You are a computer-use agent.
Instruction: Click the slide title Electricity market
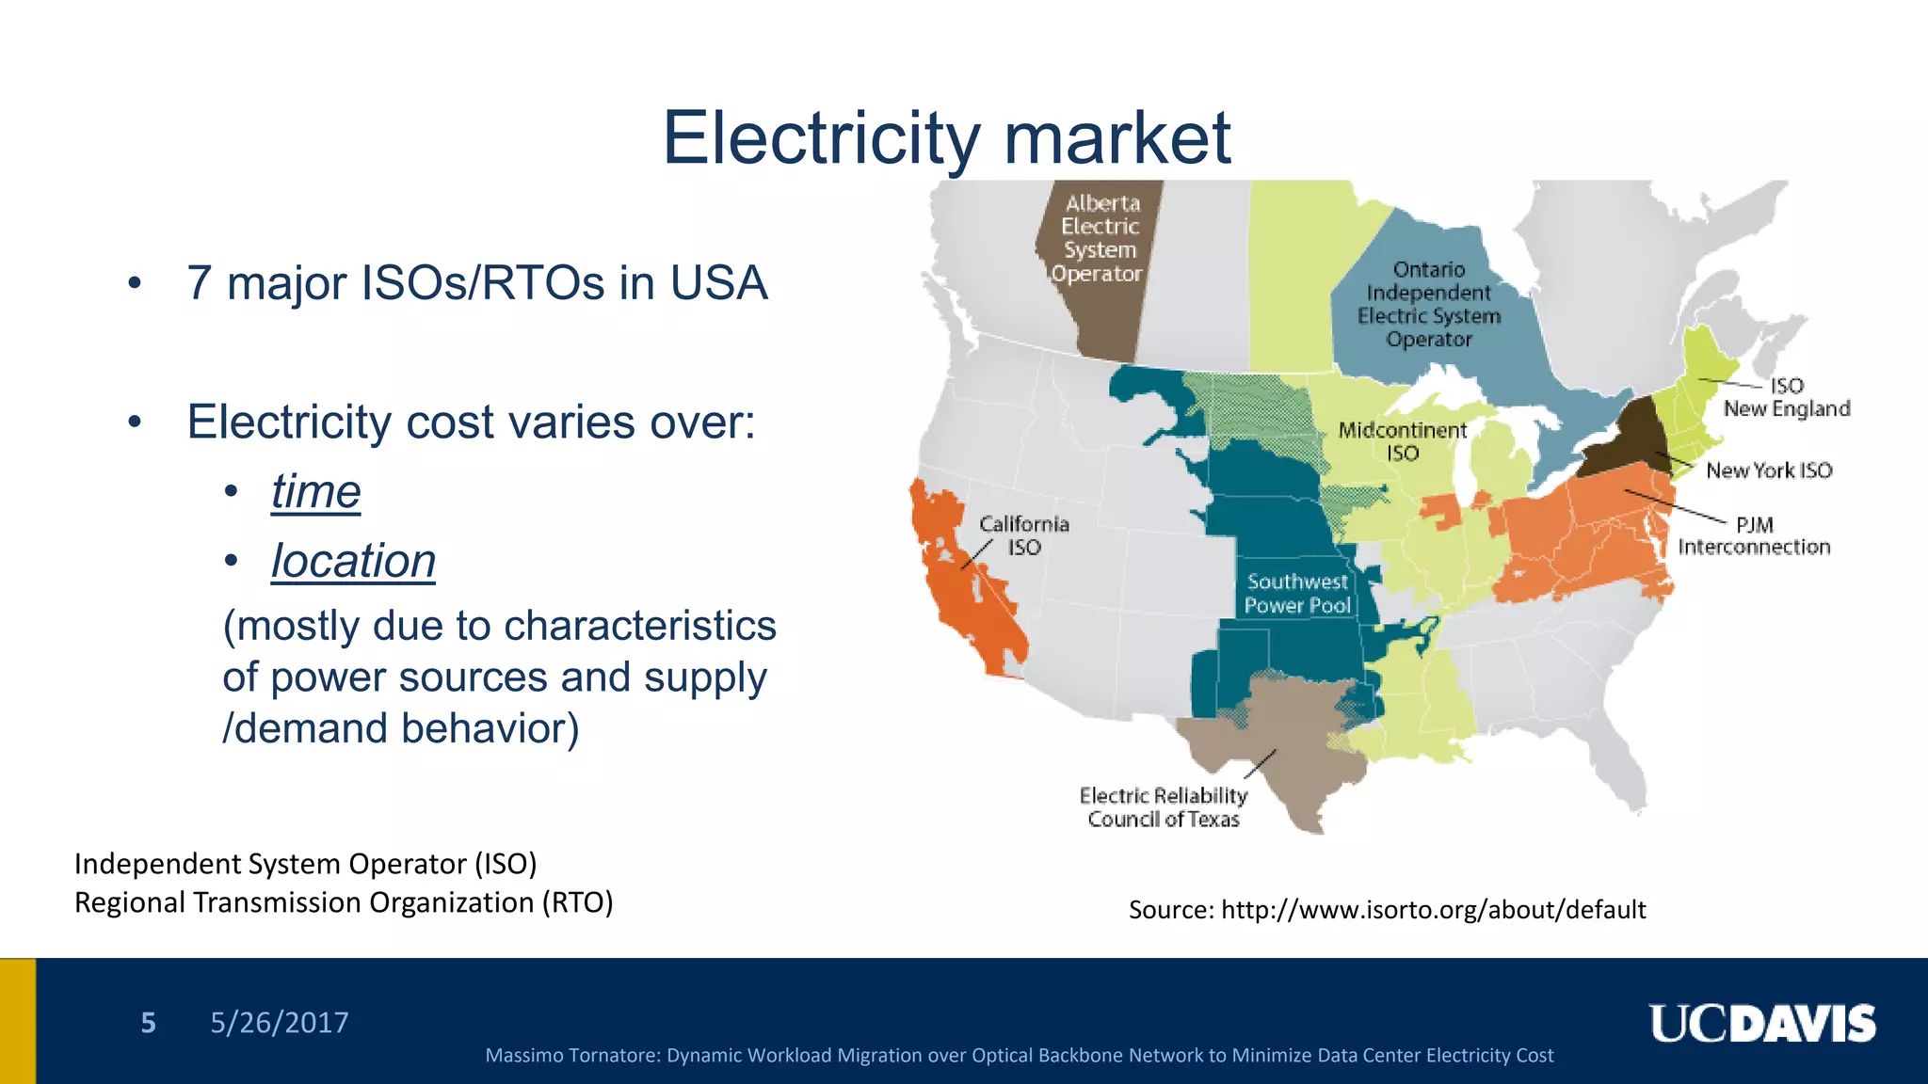click(946, 138)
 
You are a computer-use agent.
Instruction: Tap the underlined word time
click(315, 491)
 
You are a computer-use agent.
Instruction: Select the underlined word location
click(353, 561)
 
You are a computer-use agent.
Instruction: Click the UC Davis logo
click(1761, 1024)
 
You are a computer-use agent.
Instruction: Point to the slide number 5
click(148, 1023)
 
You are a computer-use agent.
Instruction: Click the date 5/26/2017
click(279, 1023)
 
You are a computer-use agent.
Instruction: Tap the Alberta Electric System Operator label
click(1098, 238)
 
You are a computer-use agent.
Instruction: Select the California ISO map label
click(1023, 535)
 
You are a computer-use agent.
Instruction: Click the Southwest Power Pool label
click(1297, 594)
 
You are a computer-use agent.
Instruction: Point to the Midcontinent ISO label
click(1402, 441)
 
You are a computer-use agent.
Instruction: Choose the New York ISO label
click(1768, 470)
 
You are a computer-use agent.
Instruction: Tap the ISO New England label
click(1786, 397)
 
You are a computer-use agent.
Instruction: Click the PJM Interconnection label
click(1754, 536)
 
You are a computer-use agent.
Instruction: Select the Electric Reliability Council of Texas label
click(1164, 807)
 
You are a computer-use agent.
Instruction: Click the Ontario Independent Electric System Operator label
click(1428, 304)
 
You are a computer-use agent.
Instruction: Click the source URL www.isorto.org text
click(1433, 909)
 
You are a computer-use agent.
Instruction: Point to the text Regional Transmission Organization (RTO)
click(344, 902)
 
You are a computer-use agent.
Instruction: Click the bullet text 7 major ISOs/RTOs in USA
click(477, 283)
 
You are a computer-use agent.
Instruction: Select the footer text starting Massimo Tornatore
click(1019, 1056)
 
